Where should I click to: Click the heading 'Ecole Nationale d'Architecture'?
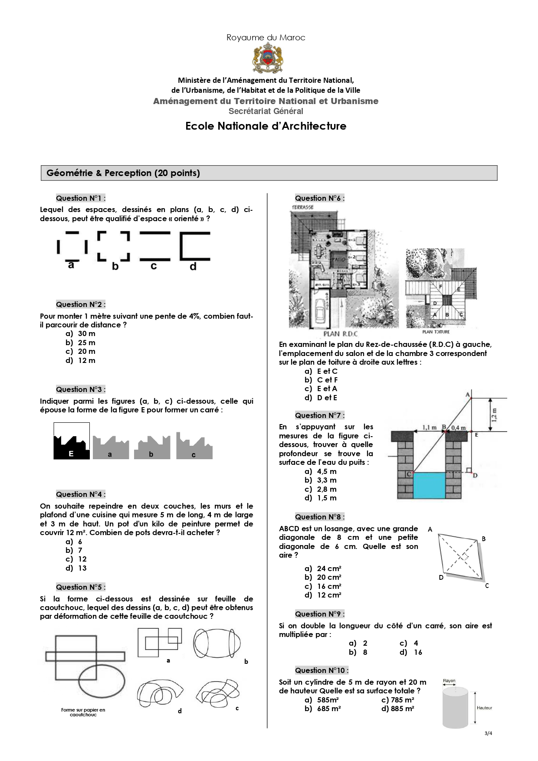coord(266,126)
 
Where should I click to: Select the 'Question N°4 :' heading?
coord(80,494)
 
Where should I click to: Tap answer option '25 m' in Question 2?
coord(86,343)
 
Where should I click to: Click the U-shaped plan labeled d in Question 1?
coord(195,247)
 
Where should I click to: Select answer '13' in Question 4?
coord(82,568)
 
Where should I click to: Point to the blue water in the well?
coord(429,486)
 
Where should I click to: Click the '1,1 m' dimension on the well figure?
coord(430,428)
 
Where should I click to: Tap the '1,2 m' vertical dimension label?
coord(494,415)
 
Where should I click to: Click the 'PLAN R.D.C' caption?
coord(340,334)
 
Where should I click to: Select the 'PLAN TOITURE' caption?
coord(436,332)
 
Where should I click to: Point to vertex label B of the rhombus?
coord(484,539)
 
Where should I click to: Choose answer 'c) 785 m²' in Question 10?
coord(397,700)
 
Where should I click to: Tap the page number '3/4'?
coord(488,733)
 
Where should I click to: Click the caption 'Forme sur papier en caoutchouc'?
coord(83,712)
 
